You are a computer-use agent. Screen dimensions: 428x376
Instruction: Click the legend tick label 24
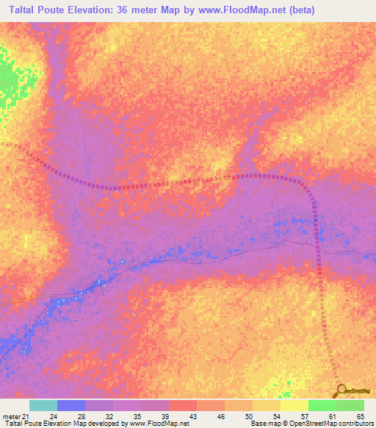(54, 417)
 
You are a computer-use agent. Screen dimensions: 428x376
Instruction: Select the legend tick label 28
(82, 417)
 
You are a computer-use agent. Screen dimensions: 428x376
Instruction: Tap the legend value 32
(109, 417)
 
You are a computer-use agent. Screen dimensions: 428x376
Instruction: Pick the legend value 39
(165, 417)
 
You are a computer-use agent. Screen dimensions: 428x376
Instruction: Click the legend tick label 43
(193, 417)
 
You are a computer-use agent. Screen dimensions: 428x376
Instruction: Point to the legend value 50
(249, 417)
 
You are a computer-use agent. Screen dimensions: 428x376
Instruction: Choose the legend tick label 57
(305, 417)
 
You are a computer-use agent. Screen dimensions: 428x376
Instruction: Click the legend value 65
(361, 417)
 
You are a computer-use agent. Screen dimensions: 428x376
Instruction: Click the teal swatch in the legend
(43, 405)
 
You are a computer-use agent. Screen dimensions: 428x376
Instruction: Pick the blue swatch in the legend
(71, 405)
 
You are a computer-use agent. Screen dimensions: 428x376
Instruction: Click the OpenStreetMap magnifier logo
(341, 390)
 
